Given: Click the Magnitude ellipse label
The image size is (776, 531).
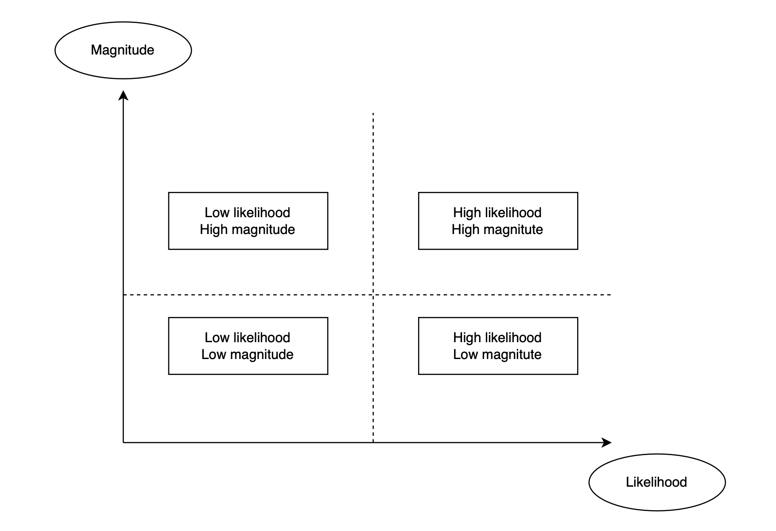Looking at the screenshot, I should click(123, 50).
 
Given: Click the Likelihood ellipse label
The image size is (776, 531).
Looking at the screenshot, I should click(656, 482).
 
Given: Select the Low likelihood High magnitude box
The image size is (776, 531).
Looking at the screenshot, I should click(248, 221).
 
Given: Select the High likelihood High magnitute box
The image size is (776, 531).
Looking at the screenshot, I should click(498, 221).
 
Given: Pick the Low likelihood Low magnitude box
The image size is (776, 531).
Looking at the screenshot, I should click(248, 346).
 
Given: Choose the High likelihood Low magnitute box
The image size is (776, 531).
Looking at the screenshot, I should click(498, 346).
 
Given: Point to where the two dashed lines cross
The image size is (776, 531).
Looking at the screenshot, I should click(373, 294).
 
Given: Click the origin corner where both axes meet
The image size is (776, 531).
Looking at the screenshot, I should click(123, 442).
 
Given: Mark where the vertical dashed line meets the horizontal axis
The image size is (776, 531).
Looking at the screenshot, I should click(373, 442).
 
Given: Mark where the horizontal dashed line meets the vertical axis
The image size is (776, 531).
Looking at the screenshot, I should click(123, 294).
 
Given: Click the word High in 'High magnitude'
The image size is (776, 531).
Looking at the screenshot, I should click(213, 230).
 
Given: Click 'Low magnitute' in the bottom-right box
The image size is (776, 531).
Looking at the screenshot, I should click(497, 355).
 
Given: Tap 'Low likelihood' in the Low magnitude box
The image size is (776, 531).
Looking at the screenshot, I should click(247, 338).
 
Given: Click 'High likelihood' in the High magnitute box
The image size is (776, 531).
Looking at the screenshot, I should click(497, 213).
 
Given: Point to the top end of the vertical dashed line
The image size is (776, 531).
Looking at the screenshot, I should click(373, 113).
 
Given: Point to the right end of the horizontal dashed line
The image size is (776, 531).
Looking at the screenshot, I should click(611, 294).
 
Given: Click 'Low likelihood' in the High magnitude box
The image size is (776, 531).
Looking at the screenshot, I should click(247, 213).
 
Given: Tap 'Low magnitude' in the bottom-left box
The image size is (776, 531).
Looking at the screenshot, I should click(247, 355).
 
